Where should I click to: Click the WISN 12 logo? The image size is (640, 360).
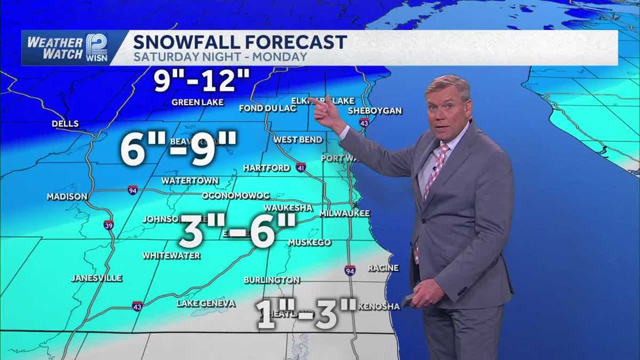coord(97,47)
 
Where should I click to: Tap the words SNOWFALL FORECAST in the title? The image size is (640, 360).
coord(240,42)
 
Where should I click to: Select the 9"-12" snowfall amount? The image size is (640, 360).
coord(202,81)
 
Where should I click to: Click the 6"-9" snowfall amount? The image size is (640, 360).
coord(178,149)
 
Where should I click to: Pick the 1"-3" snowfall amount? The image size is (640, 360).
coord(306,314)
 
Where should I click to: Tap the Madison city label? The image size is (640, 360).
coord(67,197)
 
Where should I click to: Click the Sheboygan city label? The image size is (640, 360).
coord(374,111)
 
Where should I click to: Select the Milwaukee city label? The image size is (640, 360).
coord(345,213)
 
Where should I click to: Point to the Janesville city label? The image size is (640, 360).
coord(97,278)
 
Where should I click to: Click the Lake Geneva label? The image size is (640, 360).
coord(206,303)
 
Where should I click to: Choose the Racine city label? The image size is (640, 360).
coord(383,268)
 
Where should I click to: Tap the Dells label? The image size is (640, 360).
coord(65,124)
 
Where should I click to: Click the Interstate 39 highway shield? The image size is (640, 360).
coord(109,225)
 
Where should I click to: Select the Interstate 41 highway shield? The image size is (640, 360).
coord(301,166)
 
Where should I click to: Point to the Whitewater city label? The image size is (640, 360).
coord(171,256)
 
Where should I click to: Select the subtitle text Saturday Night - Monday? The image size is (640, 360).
coord(220,57)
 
